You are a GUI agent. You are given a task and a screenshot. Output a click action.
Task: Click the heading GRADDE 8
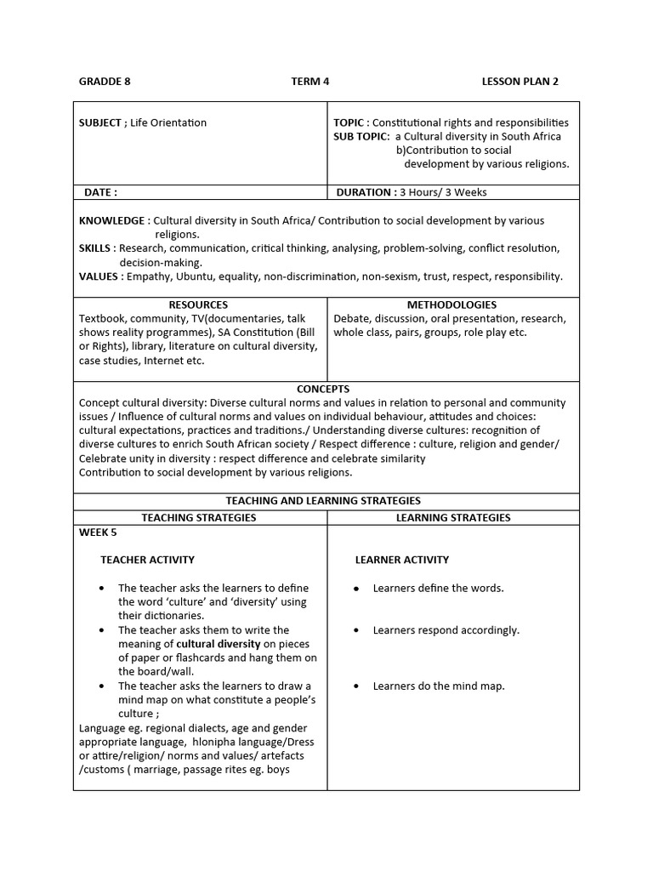[105, 82]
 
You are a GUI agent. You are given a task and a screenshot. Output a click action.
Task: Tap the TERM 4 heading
[309, 82]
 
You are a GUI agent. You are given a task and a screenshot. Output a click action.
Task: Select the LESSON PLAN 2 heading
[520, 82]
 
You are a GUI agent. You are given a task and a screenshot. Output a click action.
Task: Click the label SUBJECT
[100, 122]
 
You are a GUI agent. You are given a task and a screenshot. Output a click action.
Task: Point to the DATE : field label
[100, 192]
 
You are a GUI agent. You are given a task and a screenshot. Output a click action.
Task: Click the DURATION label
[366, 192]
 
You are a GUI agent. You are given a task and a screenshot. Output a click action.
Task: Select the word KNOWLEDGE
[111, 220]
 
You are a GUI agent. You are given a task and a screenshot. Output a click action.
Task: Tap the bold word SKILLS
[95, 248]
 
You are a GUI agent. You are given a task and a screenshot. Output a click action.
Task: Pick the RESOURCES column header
[198, 305]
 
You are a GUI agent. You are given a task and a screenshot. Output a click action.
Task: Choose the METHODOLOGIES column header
[451, 305]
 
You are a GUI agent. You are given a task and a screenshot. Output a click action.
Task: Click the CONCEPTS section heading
[323, 389]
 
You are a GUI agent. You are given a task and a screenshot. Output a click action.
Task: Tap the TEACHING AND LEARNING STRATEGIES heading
[323, 501]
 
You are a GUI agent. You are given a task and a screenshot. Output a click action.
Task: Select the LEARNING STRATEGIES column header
[453, 517]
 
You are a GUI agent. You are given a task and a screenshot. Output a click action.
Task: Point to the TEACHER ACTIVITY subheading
[147, 560]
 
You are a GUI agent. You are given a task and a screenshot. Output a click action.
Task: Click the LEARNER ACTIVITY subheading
[401, 560]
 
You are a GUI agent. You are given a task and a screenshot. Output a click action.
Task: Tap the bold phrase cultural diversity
[218, 644]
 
